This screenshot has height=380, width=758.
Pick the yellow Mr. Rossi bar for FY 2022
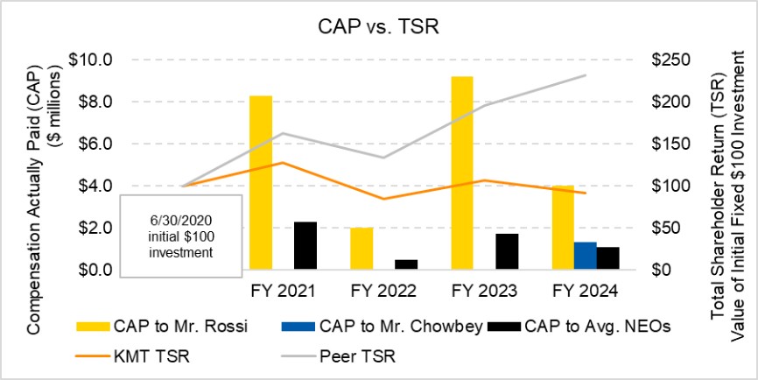pyautogui.click(x=361, y=248)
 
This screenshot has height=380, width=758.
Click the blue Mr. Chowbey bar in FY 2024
pyautogui.click(x=586, y=255)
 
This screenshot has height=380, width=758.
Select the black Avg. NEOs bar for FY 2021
pyautogui.click(x=305, y=245)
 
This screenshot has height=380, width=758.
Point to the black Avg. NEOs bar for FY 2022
pyautogui.click(x=405, y=264)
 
